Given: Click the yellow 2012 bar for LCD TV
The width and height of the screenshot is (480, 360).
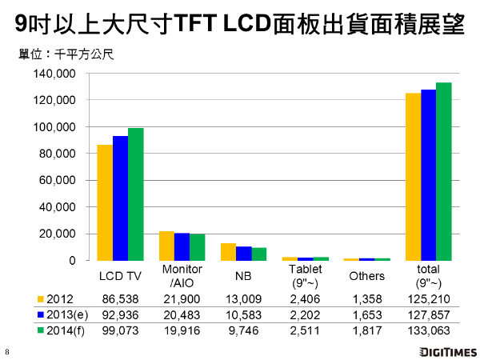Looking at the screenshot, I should point(105,202).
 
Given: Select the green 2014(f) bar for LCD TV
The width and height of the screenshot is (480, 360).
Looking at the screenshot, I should point(135,194).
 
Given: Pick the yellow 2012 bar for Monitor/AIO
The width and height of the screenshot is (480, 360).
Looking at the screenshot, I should point(166,246).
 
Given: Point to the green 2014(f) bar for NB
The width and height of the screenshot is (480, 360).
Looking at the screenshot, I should point(258,254).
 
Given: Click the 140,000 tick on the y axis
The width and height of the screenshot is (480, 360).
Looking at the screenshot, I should point(54,74).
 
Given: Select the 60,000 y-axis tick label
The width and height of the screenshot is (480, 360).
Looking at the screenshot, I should point(57,180).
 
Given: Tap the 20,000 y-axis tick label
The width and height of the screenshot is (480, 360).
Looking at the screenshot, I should point(57,234).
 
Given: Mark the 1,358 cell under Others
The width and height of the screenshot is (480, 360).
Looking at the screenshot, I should point(366,298).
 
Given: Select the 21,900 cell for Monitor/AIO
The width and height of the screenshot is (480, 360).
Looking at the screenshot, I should point(182,298).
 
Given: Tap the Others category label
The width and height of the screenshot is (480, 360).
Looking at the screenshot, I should point(366,276).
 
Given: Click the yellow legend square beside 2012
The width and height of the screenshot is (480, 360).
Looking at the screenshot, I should point(40,298).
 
